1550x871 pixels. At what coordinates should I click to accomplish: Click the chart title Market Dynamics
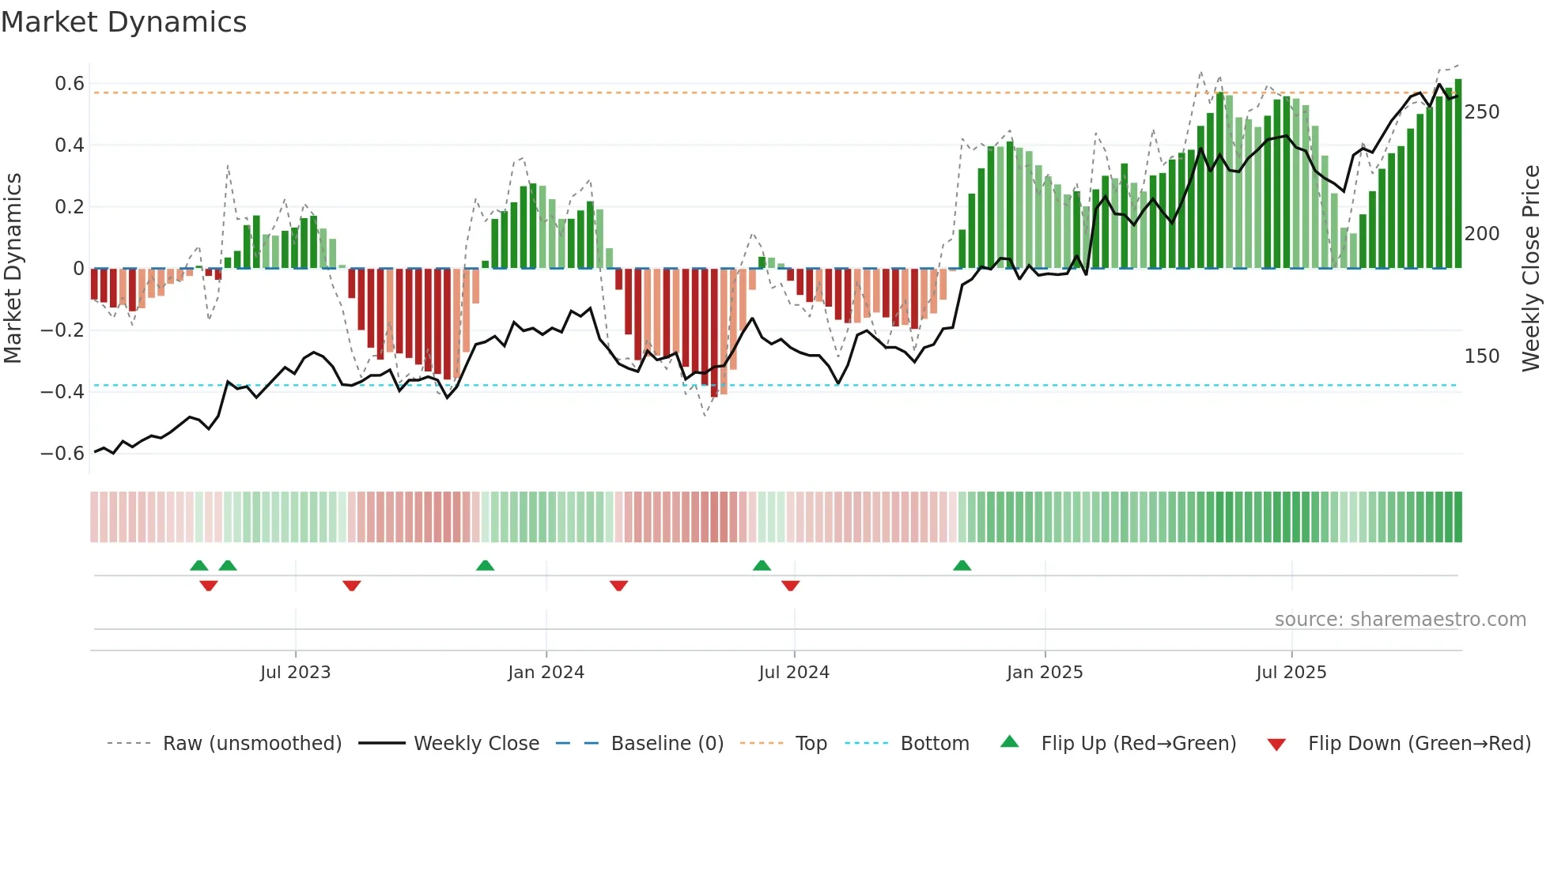point(123,22)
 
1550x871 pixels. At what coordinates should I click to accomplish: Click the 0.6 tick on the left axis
point(70,84)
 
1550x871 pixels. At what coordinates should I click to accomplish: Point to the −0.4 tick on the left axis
point(62,392)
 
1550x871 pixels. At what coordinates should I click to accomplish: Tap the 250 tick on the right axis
point(1481,112)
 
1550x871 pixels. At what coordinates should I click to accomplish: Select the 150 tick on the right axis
point(1481,356)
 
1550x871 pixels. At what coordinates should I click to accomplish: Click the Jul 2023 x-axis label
point(295,673)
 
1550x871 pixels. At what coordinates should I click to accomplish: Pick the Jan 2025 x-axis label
point(1044,673)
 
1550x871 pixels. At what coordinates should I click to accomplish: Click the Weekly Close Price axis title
point(1531,269)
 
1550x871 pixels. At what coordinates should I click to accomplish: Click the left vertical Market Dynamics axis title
point(13,269)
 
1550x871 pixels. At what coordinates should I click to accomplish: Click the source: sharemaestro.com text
point(1400,620)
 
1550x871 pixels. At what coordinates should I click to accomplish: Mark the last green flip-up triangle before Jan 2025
point(962,566)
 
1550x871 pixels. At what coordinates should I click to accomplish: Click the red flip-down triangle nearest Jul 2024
point(790,585)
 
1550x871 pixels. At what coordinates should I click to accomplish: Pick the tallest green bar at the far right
point(1458,174)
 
